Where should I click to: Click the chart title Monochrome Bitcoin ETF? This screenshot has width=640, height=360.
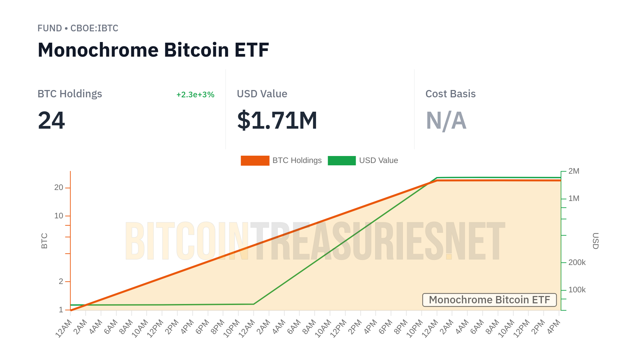click(x=153, y=50)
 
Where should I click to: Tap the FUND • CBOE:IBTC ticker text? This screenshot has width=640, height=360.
click(x=78, y=28)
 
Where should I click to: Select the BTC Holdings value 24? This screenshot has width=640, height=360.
click(x=51, y=120)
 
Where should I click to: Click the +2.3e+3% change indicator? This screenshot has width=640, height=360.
click(x=195, y=95)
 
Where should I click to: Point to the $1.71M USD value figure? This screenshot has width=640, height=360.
click(x=277, y=120)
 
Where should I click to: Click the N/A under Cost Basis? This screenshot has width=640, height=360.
click(x=446, y=120)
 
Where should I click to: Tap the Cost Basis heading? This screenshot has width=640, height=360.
click(x=450, y=94)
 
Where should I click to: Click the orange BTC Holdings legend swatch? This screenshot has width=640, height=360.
click(x=255, y=161)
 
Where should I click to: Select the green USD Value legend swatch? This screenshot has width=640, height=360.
click(x=342, y=161)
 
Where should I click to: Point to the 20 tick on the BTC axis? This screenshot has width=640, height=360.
click(x=59, y=188)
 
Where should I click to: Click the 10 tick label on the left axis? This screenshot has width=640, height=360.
click(x=59, y=216)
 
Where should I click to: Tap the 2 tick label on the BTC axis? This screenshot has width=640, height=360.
click(x=61, y=282)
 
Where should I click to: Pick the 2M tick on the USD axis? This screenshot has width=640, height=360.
click(x=574, y=171)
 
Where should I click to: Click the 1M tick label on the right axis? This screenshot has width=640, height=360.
click(x=574, y=199)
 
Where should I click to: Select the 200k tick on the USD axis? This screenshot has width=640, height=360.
click(x=577, y=263)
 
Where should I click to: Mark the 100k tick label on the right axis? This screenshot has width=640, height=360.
click(x=577, y=290)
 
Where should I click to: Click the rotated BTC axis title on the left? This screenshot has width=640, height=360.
click(x=44, y=241)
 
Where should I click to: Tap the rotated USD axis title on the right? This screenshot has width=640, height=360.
click(x=595, y=241)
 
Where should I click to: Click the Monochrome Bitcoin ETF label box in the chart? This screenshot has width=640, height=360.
click(x=489, y=300)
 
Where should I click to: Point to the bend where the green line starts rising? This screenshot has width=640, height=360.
click(x=254, y=304)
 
